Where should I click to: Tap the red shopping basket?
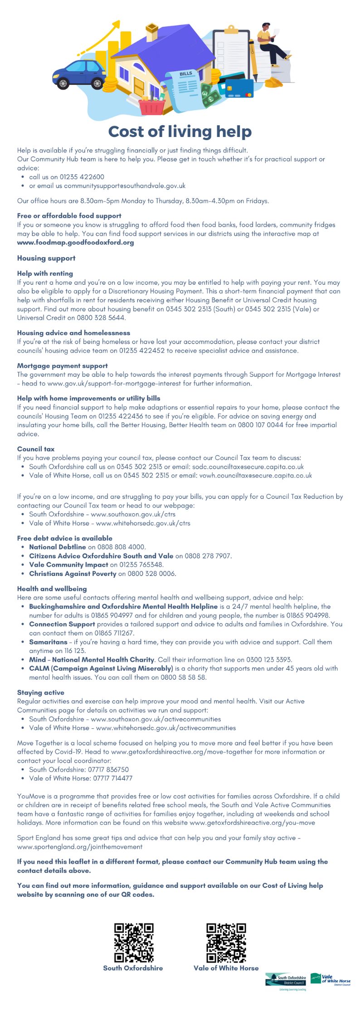(152, 106)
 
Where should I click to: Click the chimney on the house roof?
(151, 33)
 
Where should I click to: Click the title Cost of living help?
(180, 132)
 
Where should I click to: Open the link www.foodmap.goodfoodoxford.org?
(75, 243)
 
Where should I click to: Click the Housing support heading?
(46, 258)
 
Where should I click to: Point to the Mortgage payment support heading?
(63, 365)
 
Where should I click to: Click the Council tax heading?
(36, 449)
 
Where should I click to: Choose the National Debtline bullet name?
(58, 547)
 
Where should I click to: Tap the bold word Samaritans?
(48, 642)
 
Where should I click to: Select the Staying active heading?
(41, 692)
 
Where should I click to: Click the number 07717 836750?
(111, 770)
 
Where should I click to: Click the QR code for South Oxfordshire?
(134, 943)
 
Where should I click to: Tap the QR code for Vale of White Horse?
(226, 943)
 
